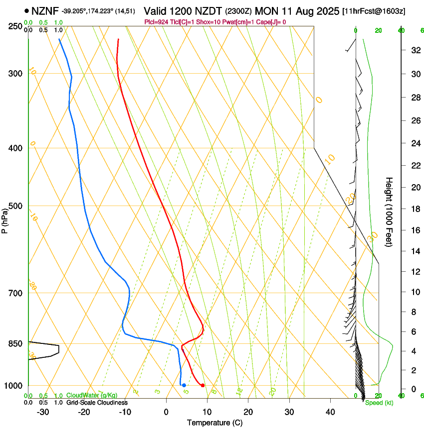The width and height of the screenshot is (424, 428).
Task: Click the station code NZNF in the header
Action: click(x=45, y=10)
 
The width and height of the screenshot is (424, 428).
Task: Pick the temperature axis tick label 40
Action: click(x=330, y=412)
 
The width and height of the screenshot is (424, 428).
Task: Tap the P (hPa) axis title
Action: click(x=5, y=219)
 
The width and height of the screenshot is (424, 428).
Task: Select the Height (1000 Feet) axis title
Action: click(x=389, y=212)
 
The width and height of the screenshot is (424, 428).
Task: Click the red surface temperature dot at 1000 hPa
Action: click(x=203, y=385)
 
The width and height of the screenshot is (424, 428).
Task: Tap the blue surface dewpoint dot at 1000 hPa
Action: click(x=184, y=385)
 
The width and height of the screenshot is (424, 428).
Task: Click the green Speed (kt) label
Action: click(x=379, y=403)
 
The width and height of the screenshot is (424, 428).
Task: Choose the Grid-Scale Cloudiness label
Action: click(x=97, y=402)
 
